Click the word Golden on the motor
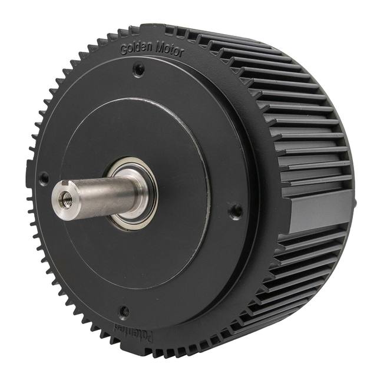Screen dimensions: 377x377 point(134,49)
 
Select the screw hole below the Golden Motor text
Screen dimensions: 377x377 point(139,70)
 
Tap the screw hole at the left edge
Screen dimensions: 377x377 point(43,176)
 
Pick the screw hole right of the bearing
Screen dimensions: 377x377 point(236,210)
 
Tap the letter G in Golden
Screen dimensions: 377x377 point(123,50)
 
